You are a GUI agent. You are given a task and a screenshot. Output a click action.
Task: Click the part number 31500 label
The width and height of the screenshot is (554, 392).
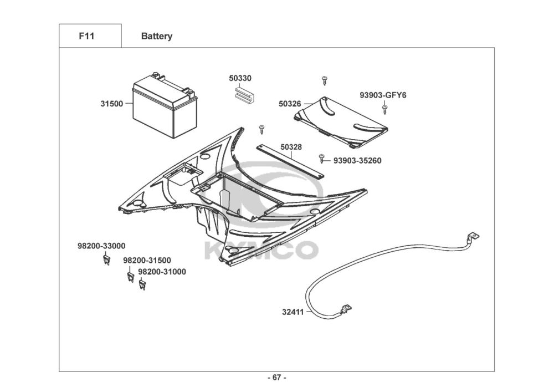point(112,104)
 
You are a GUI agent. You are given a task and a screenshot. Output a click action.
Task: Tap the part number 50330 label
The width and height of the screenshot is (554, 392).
point(240,78)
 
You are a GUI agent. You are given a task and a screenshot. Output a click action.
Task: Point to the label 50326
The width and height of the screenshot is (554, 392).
point(290,104)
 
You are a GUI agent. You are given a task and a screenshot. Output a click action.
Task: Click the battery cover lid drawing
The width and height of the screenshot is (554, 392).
point(341,123)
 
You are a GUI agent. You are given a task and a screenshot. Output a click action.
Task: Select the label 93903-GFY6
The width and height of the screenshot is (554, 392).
point(383,95)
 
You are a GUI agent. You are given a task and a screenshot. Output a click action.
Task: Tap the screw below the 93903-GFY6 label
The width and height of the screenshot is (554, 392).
point(385,109)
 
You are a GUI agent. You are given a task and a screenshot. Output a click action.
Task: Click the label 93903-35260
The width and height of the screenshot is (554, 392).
point(357,161)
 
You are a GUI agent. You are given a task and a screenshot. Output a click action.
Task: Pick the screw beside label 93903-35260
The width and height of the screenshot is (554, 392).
point(321,159)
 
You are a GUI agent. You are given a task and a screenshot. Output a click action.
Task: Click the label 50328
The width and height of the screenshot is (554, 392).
point(291,147)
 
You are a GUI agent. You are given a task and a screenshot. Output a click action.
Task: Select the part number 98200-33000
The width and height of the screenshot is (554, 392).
point(101,246)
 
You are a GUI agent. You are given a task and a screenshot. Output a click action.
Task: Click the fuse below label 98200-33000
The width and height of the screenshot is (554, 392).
point(106,260)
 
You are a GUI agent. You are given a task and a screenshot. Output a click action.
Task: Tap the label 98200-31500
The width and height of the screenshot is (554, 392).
point(147,261)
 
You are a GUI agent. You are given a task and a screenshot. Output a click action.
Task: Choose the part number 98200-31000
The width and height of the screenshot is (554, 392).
point(162,272)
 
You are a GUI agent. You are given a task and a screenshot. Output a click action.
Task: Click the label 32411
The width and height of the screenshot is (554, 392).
point(293,312)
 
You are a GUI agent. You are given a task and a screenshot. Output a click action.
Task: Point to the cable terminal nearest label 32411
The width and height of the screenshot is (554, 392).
point(346,309)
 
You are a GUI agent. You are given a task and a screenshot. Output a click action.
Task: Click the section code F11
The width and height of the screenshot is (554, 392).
point(86,36)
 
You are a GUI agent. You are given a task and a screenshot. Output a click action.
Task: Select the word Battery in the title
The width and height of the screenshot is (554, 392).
point(157,36)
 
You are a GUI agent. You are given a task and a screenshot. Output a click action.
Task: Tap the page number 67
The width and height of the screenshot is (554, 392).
point(277,378)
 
